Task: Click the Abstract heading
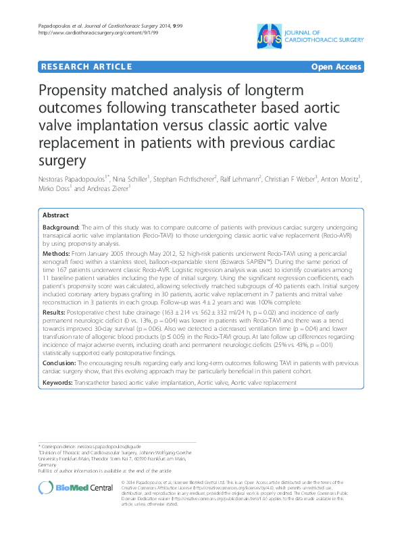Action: click(55, 215)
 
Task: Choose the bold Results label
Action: click(55, 312)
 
